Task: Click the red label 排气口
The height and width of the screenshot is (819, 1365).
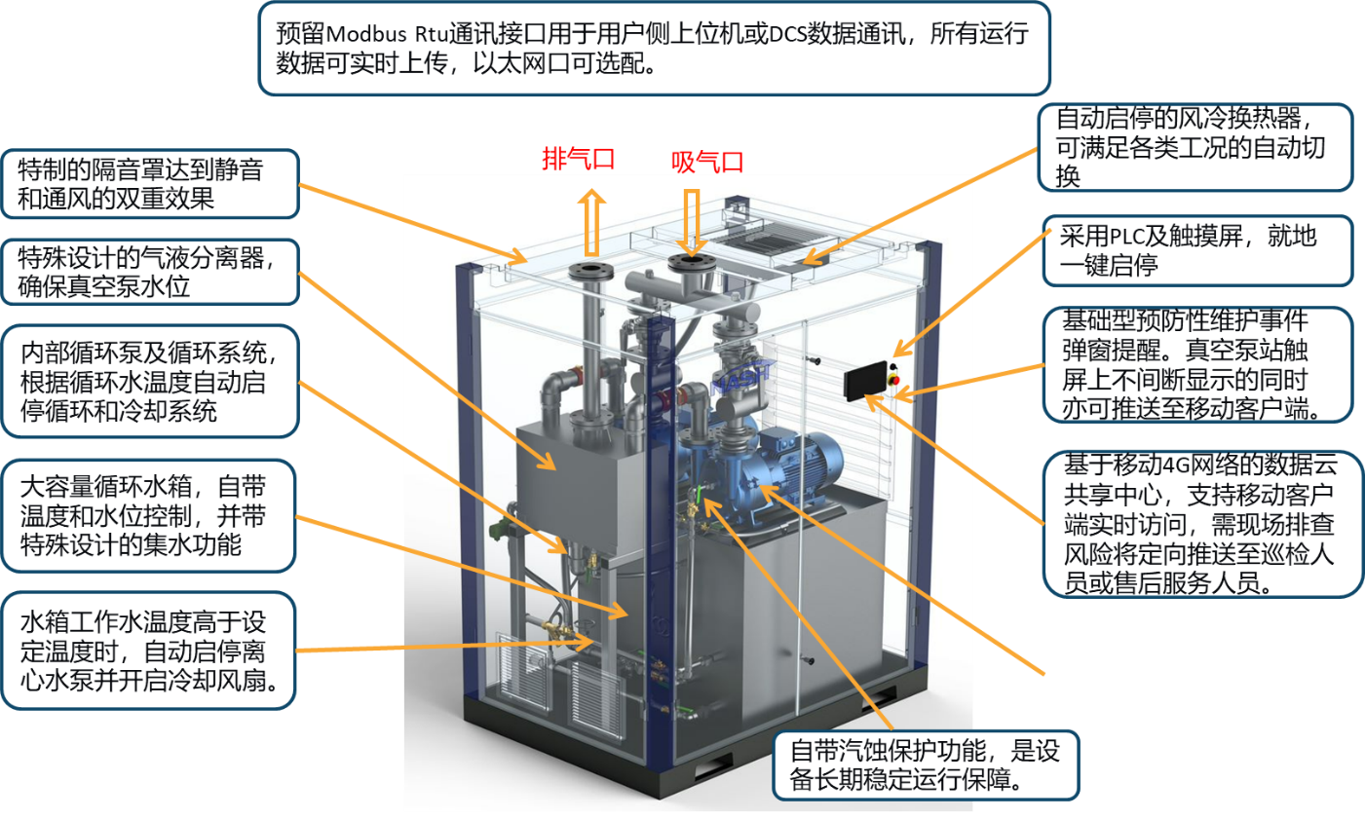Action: coord(578,158)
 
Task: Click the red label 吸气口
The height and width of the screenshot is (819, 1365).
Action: coord(707,162)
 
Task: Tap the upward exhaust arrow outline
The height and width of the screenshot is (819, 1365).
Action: coord(591,223)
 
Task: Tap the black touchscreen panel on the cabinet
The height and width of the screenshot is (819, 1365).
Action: coord(864,380)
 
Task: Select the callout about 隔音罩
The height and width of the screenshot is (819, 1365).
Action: coord(149,184)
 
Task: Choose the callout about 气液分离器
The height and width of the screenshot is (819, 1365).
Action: coord(149,272)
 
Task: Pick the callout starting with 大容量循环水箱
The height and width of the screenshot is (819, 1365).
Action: coord(148,515)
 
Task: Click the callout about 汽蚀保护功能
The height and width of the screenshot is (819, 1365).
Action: coord(925,764)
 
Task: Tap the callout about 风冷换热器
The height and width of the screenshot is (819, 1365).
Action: coord(1194,147)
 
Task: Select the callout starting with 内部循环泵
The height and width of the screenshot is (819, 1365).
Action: coord(149,382)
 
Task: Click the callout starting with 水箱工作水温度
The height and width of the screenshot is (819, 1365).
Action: coord(148,651)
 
